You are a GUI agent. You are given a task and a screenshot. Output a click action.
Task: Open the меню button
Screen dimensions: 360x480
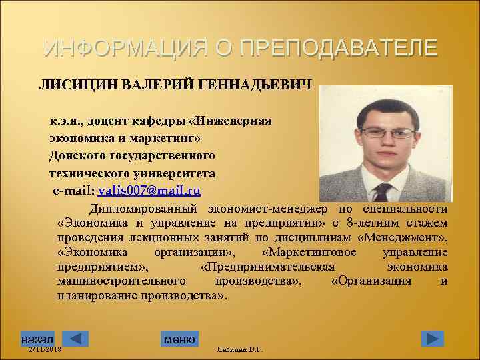179,339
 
